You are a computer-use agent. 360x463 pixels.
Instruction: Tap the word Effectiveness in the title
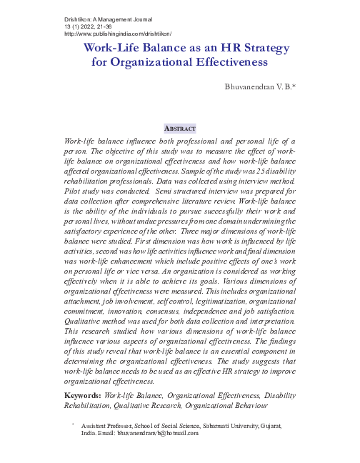coord(226,62)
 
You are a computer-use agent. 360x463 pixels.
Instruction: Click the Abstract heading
coord(180,128)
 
